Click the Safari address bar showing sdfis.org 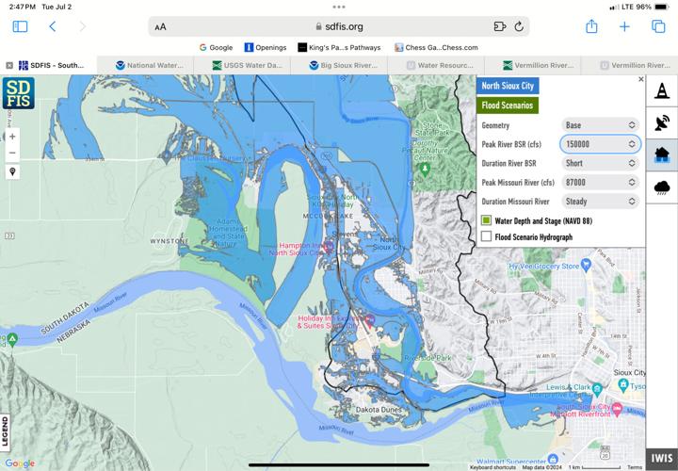338,26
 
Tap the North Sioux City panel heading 508,86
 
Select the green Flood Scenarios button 508,106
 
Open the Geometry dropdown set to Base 600,125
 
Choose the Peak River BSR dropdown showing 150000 600,144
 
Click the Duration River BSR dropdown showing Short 600,163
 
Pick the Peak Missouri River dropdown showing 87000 600,183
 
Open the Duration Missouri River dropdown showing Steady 600,202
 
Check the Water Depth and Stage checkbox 487,220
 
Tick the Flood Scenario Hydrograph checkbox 487,237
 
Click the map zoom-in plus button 12,137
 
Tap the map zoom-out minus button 12,153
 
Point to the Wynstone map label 169,240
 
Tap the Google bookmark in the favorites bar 216,47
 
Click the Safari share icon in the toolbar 591,26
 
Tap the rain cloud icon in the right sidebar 662,187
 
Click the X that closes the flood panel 641,80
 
